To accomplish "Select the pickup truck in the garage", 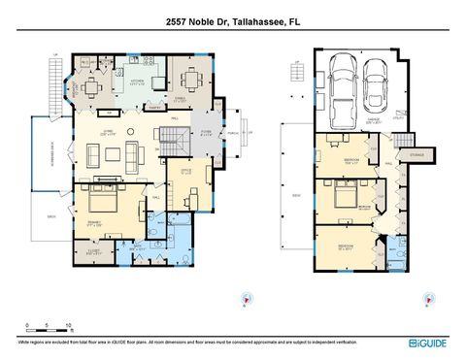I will click(343, 82).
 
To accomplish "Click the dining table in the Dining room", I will click(186, 79).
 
